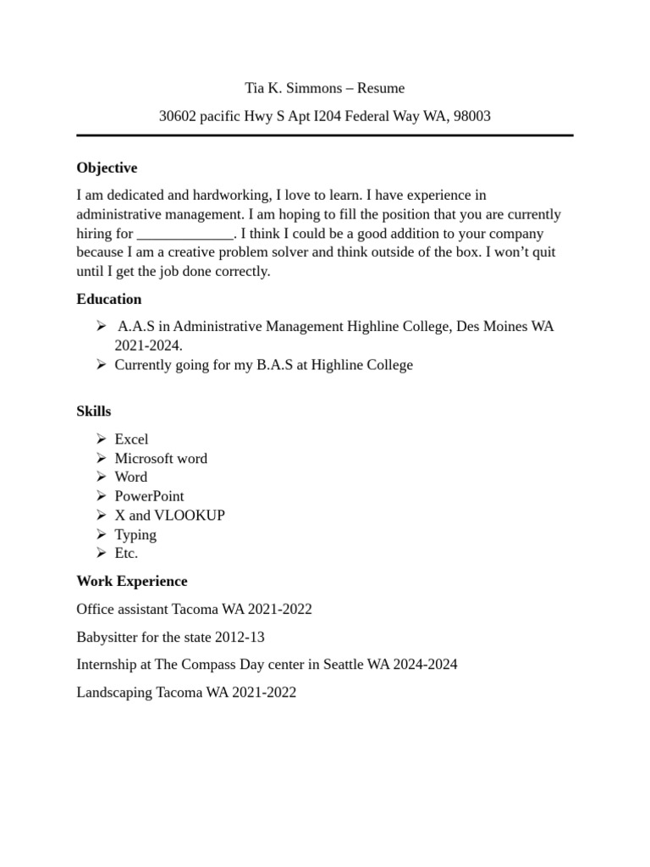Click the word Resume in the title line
381,88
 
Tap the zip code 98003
472,116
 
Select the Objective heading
107,168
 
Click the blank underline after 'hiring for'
185,234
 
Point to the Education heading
109,299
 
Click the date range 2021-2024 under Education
147,345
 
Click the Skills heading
94,411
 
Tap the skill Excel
131,439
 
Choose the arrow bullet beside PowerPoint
100,496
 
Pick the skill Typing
135,534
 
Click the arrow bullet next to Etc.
100,553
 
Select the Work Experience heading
132,582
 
